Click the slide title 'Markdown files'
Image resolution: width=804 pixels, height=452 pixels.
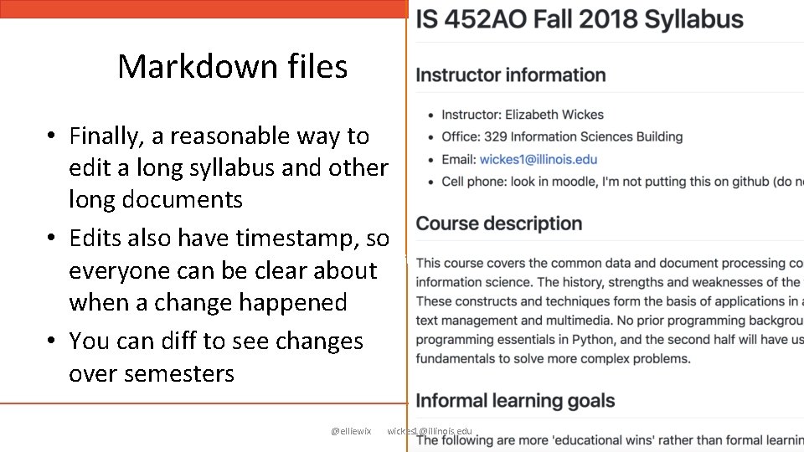pos(232,66)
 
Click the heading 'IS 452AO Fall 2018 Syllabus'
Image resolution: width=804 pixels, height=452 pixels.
pos(580,20)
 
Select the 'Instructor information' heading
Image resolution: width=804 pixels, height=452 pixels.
pos(511,75)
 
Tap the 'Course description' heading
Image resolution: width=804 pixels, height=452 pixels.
pos(499,223)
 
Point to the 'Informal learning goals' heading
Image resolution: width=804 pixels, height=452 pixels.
pos(515,401)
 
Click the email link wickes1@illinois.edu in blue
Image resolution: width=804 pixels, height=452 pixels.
pos(539,159)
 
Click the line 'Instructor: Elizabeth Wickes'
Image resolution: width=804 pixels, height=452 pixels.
pos(523,115)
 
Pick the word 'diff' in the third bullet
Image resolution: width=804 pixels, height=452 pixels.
pos(178,342)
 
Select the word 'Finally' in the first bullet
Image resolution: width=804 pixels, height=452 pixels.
pos(103,136)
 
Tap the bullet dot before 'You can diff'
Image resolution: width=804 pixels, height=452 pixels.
pos(51,342)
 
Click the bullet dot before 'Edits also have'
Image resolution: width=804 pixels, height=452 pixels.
pos(51,239)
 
